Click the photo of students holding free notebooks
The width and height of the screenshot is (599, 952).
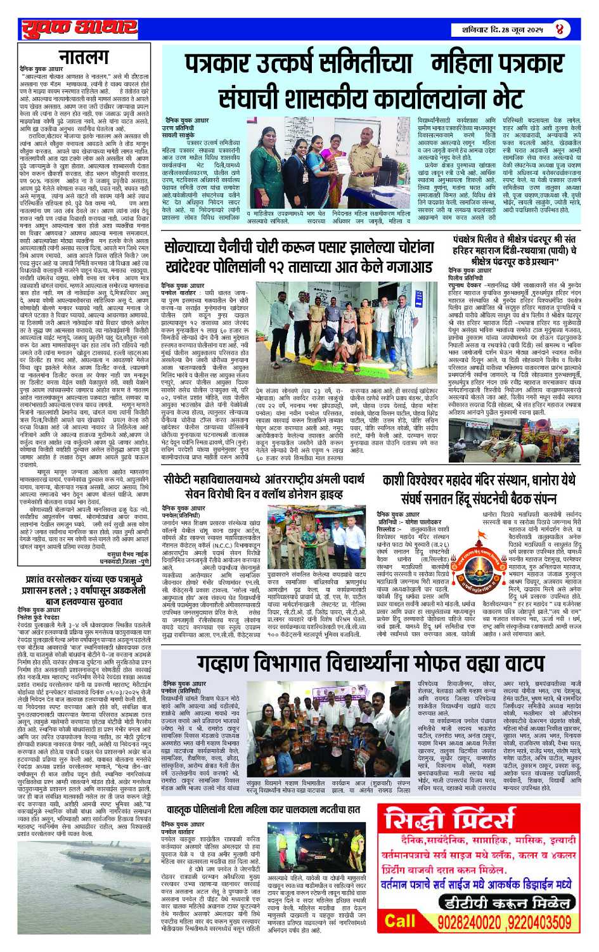(287, 727)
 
